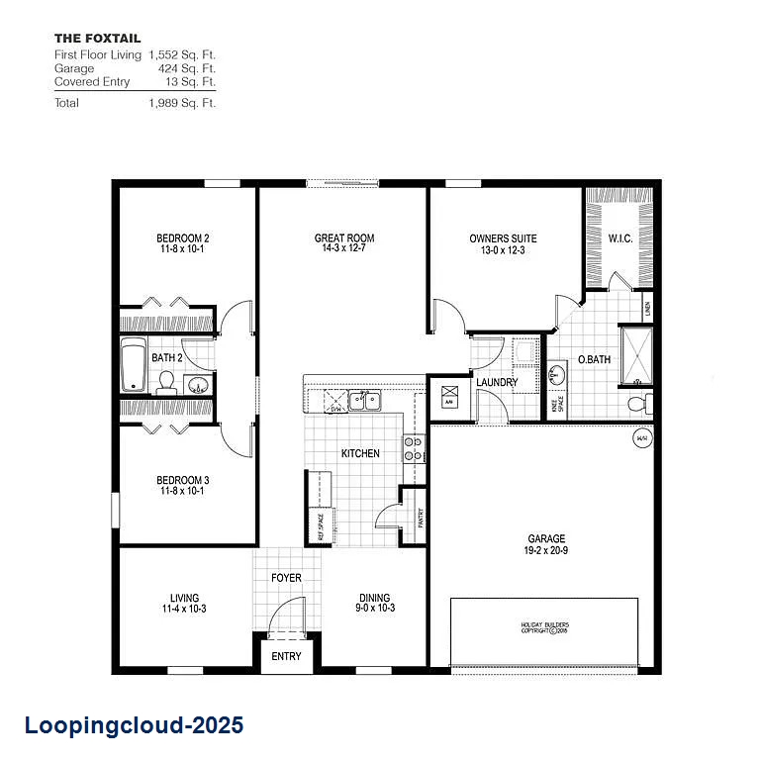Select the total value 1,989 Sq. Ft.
pyautogui.click(x=181, y=103)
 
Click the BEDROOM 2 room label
pyautogui.click(x=182, y=238)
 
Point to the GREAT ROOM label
pyautogui.click(x=344, y=238)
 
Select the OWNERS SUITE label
pyautogui.click(x=503, y=238)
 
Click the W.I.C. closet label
pyautogui.click(x=620, y=238)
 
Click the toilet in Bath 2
pyautogui.click(x=166, y=381)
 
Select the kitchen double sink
pyautogui.click(x=365, y=401)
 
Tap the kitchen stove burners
pyautogui.click(x=413, y=449)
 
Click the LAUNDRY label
pyautogui.click(x=497, y=383)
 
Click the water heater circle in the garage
pyautogui.click(x=641, y=438)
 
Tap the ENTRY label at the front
pyautogui.click(x=286, y=657)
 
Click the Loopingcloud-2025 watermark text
pyautogui.click(x=133, y=726)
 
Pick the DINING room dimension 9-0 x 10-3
pyautogui.click(x=374, y=609)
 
